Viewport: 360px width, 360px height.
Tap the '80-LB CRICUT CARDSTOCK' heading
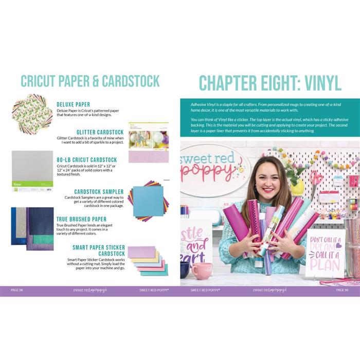tap(87, 160)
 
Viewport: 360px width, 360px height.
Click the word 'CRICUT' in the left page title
tap(42, 81)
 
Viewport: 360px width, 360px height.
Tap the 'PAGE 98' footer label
tap(18, 290)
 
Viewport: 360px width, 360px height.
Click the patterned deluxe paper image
tap(32, 111)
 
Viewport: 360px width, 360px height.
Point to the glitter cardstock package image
tap(148, 142)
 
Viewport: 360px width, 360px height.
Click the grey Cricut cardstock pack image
tap(32, 169)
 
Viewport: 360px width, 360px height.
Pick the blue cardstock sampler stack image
tap(147, 201)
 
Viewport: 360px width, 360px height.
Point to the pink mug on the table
tap(202, 270)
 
